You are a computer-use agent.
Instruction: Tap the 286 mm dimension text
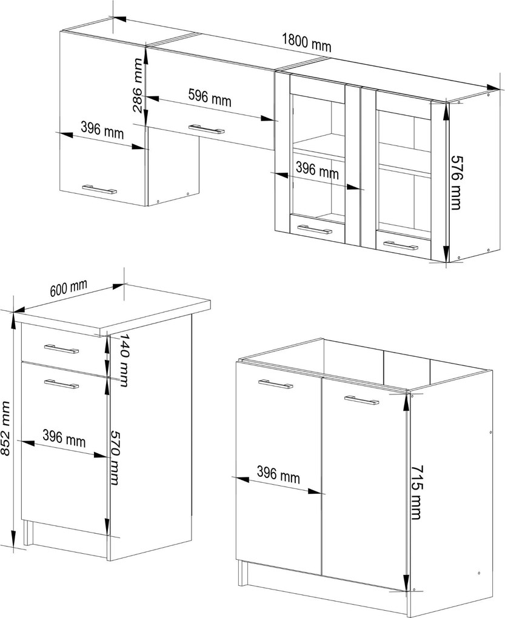pyautogui.click(x=138, y=85)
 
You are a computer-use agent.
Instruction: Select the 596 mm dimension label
pyautogui.click(x=209, y=98)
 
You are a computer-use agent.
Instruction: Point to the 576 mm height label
pyautogui.click(x=456, y=182)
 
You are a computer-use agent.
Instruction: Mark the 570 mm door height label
pyautogui.click(x=115, y=457)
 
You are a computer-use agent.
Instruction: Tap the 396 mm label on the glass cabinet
pyautogui.click(x=317, y=171)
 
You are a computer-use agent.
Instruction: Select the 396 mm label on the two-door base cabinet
pyautogui.click(x=278, y=474)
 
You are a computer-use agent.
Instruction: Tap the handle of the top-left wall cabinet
pyautogui.click(x=99, y=189)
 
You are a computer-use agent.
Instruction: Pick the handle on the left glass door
pyautogui.click(x=315, y=230)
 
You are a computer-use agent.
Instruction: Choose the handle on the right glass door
pyautogui.click(x=401, y=246)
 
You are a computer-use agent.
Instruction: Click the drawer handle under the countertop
pyautogui.click(x=61, y=349)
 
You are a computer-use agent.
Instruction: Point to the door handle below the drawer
pyautogui.click(x=61, y=384)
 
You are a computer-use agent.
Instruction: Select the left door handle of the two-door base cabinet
pyautogui.click(x=276, y=384)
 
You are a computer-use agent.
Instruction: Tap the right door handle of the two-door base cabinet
pyautogui.click(x=361, y=400)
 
